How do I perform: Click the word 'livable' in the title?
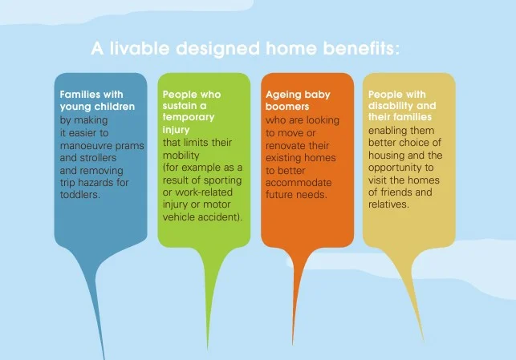click(x=140, y=48)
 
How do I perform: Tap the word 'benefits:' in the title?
click(x=361, y=48)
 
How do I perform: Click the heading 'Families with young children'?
click(x=97, y=100)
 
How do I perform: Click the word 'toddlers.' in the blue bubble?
click(x=80, y=194)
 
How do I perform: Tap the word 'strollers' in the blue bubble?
click(x=98, y=157)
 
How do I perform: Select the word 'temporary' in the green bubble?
click(x=189, y=117)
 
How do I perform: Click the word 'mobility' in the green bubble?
click(x=181, y=156)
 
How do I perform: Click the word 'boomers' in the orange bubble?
click(x=287, y=107)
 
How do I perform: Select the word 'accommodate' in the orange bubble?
click(x=299, y=183)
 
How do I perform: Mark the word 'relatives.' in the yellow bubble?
click(x=388, y=204)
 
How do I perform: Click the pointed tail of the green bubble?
click(x=208, y=348)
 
